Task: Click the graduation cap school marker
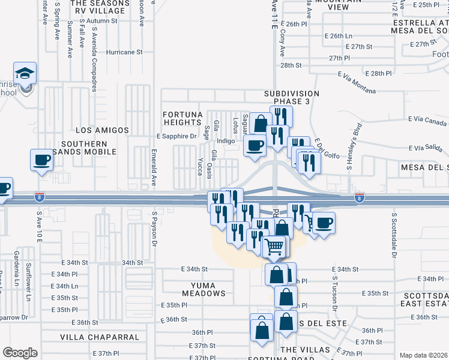25,74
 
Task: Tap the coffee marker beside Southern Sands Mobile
41,160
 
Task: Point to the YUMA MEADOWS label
199,293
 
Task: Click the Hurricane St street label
124,52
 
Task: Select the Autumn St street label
101,21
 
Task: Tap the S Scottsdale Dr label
394,234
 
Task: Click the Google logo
20,353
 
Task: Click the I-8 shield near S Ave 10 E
40,196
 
